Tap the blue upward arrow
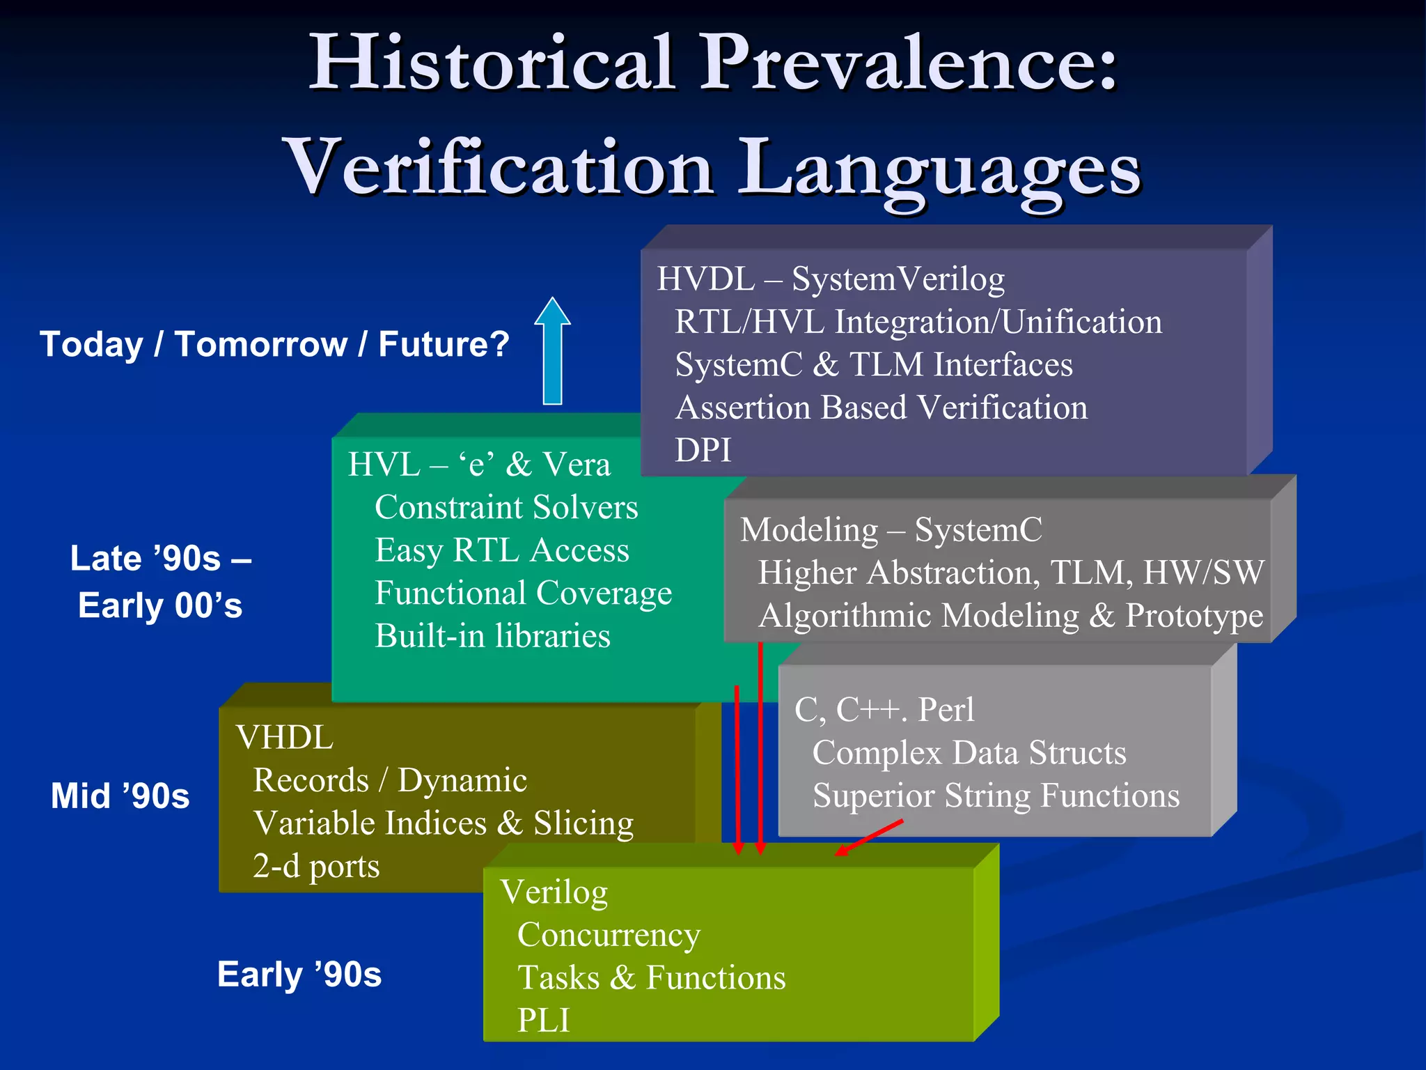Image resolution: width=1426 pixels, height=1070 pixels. coord(552,352)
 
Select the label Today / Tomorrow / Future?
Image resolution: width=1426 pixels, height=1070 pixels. coord(274,344)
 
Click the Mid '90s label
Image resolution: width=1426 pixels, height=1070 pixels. coord(120,796)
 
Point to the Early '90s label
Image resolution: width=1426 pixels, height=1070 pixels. coord(299,974)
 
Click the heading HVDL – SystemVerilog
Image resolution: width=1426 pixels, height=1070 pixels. coord(831,279)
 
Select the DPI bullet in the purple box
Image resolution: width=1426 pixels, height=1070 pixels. coord(703,450)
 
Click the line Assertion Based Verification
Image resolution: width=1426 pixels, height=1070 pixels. coord(882,408)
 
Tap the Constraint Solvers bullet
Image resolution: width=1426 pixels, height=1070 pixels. coord(506,507)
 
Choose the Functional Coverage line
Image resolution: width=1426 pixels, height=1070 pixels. coord(523,594)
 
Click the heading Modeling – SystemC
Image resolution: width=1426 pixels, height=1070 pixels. coord(891,529)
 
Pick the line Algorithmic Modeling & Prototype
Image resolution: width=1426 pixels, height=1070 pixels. coord(1010,616)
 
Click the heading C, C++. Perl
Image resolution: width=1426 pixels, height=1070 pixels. coord(884,710)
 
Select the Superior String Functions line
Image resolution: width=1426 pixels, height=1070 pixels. coord(996,796)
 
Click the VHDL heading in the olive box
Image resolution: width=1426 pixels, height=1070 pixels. coord(284,738)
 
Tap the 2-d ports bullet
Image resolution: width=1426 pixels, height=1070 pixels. coord(316,866)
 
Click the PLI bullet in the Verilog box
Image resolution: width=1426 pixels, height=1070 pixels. coord(543,1021)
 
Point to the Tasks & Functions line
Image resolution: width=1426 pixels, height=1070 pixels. coord(651,977)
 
